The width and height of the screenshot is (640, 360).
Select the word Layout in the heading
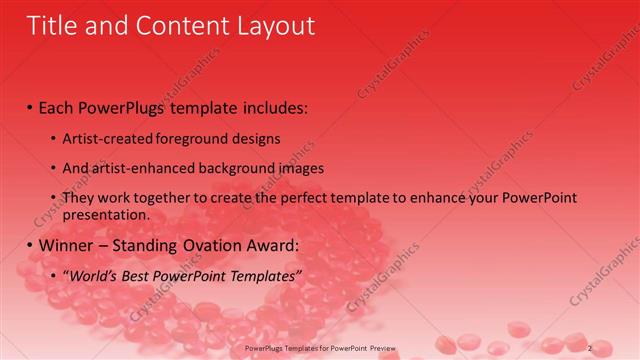271,26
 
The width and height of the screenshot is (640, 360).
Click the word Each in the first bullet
58,105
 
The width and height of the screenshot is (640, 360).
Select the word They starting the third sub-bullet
79,198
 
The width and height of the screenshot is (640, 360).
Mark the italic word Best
141,275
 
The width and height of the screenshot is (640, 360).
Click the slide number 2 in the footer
590,348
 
